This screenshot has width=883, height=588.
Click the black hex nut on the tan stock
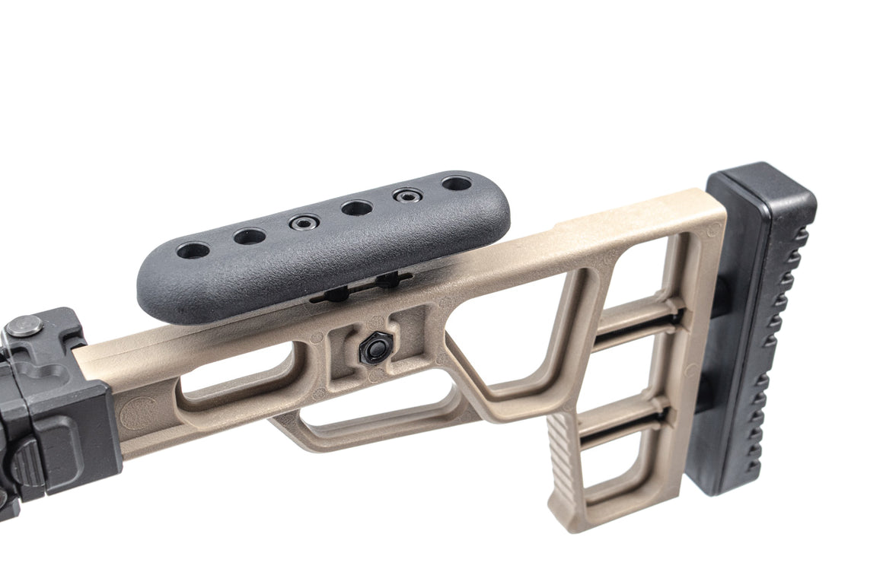[374, 349]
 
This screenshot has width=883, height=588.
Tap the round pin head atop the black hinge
[24, 326]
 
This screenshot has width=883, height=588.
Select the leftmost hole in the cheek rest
[193, 250]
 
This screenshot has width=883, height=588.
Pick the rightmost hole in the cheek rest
[456, 183]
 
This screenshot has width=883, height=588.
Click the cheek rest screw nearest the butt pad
[407, 195]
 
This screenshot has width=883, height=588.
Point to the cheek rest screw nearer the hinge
[303, 222]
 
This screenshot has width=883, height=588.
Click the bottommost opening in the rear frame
[613, 472]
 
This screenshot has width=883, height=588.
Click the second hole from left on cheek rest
[249, 237]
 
